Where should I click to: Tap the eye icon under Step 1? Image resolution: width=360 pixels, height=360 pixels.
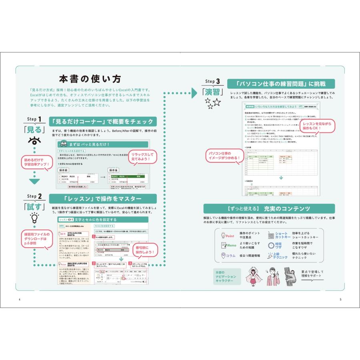coord(34,141)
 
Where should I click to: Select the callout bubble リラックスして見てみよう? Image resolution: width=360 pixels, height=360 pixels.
coord(142,157)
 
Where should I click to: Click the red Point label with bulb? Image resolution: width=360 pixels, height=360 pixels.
coord(227,236)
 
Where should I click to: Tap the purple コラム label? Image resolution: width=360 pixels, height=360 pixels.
coord(228,256)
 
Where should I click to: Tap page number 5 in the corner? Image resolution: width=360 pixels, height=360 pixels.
coord(340,300)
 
